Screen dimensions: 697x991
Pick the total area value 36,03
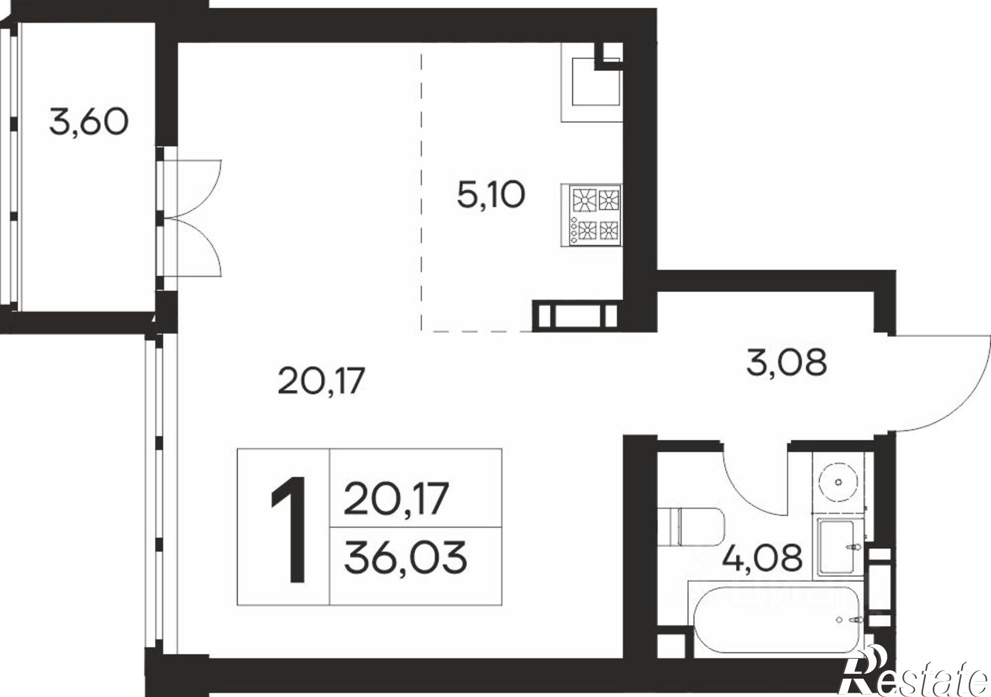[405, 557]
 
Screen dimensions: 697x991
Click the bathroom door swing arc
[753, 486]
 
